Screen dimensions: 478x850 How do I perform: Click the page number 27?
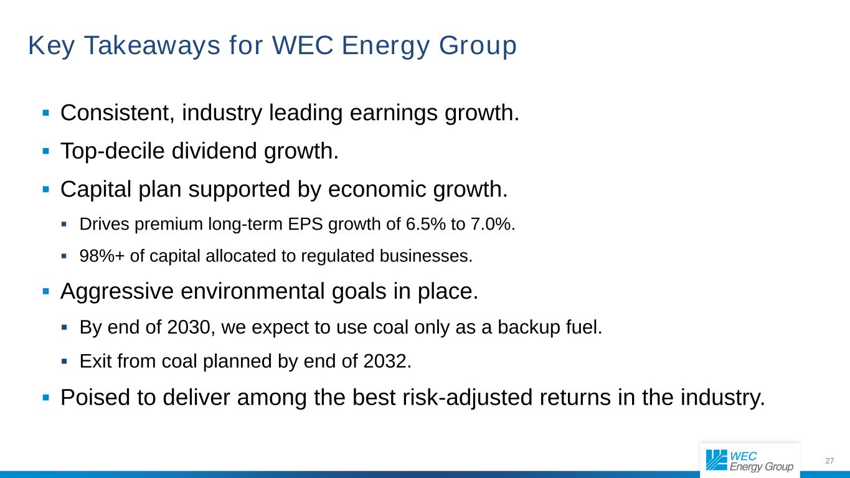(x=829, y=461)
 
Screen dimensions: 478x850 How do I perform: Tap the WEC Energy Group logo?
(x=750, y=461)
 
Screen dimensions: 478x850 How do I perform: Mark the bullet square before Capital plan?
(x=45, y=189)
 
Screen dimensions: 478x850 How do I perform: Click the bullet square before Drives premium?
(x=64, y=225)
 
